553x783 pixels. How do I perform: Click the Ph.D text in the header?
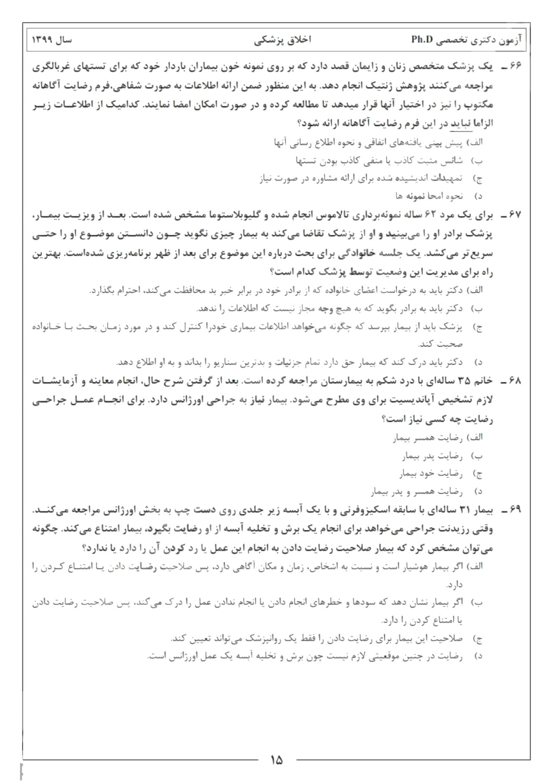pos(423,40)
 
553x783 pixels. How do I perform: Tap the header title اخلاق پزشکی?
pos(283,40)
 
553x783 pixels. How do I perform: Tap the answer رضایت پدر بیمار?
pos(432,456)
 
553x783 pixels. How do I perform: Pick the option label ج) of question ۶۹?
pos(478,639)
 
